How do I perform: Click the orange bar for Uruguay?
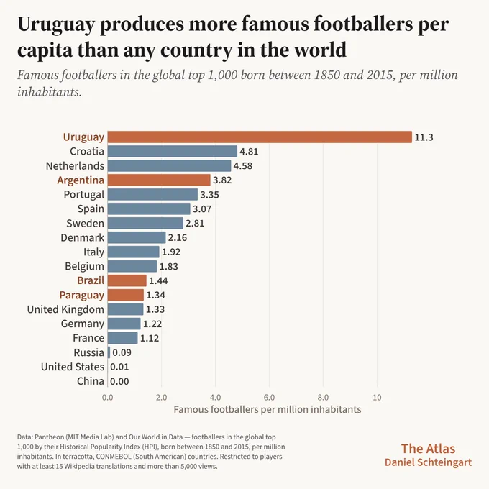coord(260,137)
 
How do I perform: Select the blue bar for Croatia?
coord(172,151)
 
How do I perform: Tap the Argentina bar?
coord(159,180)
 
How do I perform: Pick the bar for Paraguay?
coord(126,295)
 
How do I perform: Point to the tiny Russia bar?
coord(109,352)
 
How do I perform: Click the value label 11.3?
coord(424,137)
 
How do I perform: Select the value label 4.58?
coord(243,165)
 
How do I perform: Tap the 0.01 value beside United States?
coord(119,367)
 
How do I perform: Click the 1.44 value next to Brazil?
coord(158,280)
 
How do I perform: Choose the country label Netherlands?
coord(76,165)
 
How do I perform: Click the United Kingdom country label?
coord(65,309)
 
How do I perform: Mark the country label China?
coord(91,381)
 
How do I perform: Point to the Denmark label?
coord(82,237)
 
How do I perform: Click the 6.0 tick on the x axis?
coord(269,397)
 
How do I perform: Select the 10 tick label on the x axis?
coord(377,397)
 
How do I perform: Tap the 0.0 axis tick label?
coord(108,397)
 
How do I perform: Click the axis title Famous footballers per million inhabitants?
coord(268,409)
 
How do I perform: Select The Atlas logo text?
coord(428,449)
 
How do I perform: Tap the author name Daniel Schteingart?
coord(428,462)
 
